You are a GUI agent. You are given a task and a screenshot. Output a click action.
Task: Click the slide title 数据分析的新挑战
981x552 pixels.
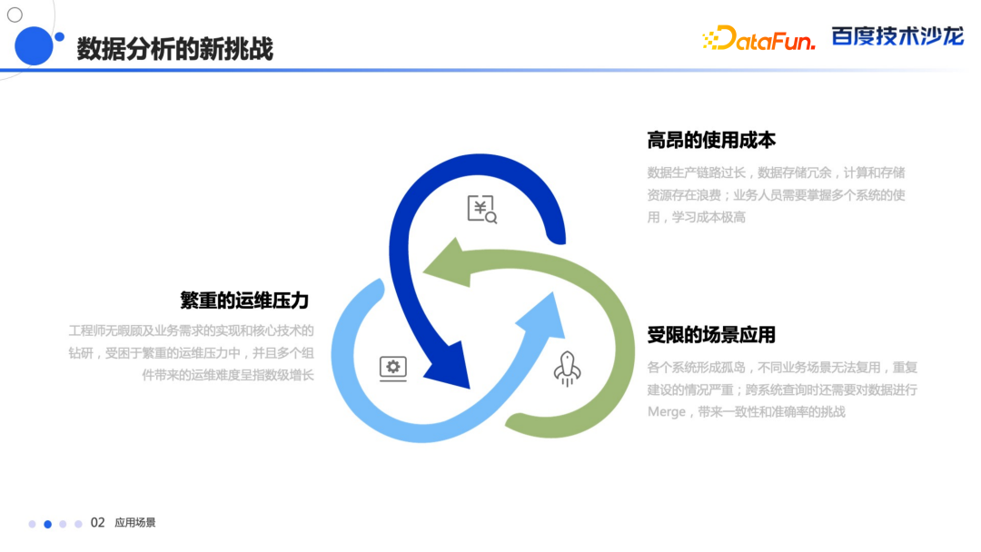tap(175, 49)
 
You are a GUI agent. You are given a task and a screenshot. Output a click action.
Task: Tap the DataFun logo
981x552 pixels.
tap(758, 38)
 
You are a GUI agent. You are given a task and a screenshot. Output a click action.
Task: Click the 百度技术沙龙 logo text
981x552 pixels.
tap(897, 36)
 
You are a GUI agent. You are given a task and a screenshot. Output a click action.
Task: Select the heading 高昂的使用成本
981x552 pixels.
tap(711, 140)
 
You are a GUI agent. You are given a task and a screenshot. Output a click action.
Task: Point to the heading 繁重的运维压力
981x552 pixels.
tap(244, 301)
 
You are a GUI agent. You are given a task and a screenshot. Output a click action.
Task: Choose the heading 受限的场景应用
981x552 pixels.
tap(711, 335)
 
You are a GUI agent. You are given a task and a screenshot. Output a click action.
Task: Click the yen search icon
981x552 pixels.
tap(482, 209)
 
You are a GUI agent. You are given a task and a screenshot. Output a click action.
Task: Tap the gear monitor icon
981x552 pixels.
tap(393, 369)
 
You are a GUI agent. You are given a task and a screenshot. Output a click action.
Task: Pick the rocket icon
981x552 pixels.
tap(567, 369)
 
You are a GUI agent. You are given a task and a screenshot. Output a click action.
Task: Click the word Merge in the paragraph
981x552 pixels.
tap(667, 412)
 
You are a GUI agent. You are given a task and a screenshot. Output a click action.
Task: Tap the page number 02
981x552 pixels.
tap(97, 523)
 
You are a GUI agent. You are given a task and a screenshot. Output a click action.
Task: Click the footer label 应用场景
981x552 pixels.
tap(135, 523)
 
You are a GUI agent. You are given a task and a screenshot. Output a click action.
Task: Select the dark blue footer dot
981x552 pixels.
tap(47, 524)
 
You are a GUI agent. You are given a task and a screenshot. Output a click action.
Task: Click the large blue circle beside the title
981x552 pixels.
tap(34, 45)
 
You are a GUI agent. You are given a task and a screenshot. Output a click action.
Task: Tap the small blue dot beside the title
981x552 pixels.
tap(59, 37)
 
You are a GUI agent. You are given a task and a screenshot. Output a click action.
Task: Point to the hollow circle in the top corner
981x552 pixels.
tap(15, 15)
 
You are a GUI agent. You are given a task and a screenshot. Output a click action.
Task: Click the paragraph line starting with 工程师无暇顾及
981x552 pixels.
tap(192, 330)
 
